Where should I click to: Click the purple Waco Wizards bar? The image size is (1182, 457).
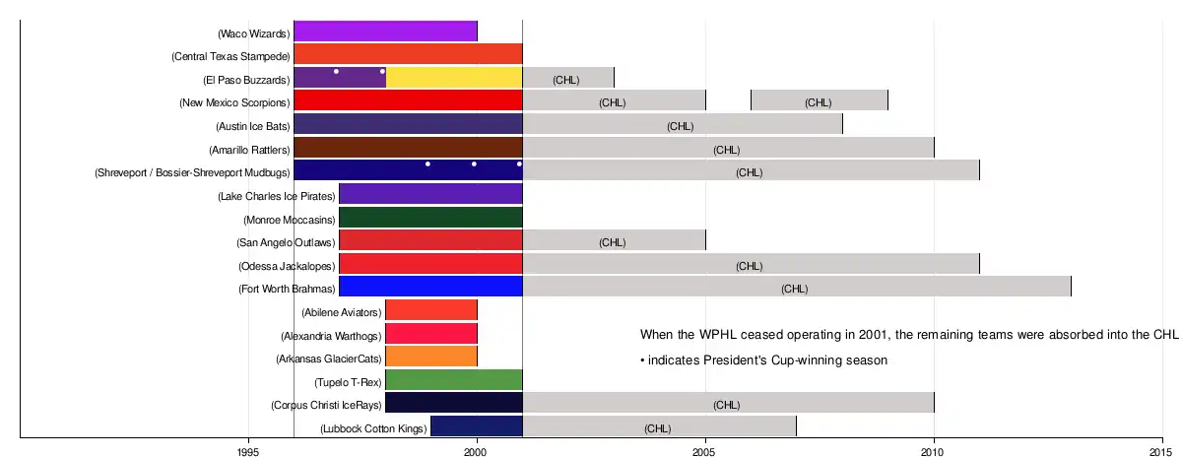pyautogui.click(x=385, y=32)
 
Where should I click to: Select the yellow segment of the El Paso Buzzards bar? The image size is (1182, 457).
pyautogui.click(x=453, y=78)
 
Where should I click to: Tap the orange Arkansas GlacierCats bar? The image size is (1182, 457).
pyautogui.click(x=430, y=358)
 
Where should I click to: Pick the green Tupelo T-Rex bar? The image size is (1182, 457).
pyautogui.click(x=453, y=380)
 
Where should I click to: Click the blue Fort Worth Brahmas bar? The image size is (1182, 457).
pyautogui.click(x=430, y=288)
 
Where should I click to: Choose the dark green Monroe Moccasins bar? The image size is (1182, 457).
pyautogui.click(x=430, y=218)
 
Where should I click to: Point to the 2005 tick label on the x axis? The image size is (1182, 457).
pyautogui.click(x=704, y=449)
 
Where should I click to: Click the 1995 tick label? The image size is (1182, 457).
pyautogui.click(x=248, y=449)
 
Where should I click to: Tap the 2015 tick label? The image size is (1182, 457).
pyautogui.click(x=1161, y=449)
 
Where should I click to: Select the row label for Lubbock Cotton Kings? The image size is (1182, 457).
pyautogui.click(x=374, y=428)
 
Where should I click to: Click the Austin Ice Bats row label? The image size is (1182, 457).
pyautogui.click(x=253, y=126)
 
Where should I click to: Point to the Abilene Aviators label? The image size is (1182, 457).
pyautogui.click(x=341, y=312)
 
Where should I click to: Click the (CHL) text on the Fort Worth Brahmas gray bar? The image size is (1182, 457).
pyautogui.click(x=795, y=289)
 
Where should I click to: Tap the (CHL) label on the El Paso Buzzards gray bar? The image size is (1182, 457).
pyautogui.click(x=566, y=80)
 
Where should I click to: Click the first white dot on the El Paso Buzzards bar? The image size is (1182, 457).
pyautogui.click(x=337, y=71)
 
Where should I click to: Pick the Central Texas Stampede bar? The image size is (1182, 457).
pyautogui.click(x=408, y=54)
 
